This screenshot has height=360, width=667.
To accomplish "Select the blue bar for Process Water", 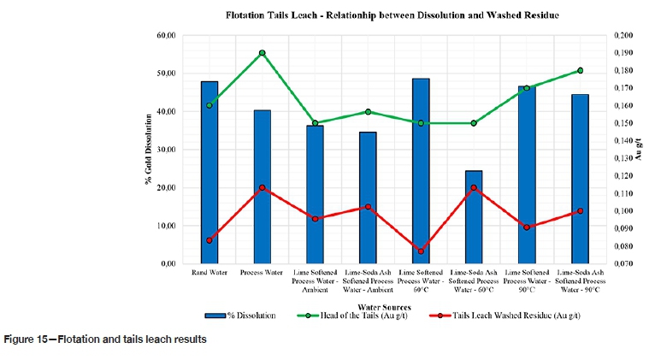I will point(262,187).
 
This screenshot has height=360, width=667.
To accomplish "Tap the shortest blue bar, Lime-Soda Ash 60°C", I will point(474,217).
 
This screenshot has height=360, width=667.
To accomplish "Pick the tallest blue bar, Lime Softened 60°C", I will point(421,171).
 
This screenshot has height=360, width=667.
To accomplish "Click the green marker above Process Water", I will point(262,53).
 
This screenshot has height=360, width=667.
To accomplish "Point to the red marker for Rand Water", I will point(210,240).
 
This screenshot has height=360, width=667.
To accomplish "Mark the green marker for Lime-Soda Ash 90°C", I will point(581,70).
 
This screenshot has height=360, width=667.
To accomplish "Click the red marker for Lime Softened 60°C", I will point(421,251).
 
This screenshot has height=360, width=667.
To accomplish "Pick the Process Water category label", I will point(262,273).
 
